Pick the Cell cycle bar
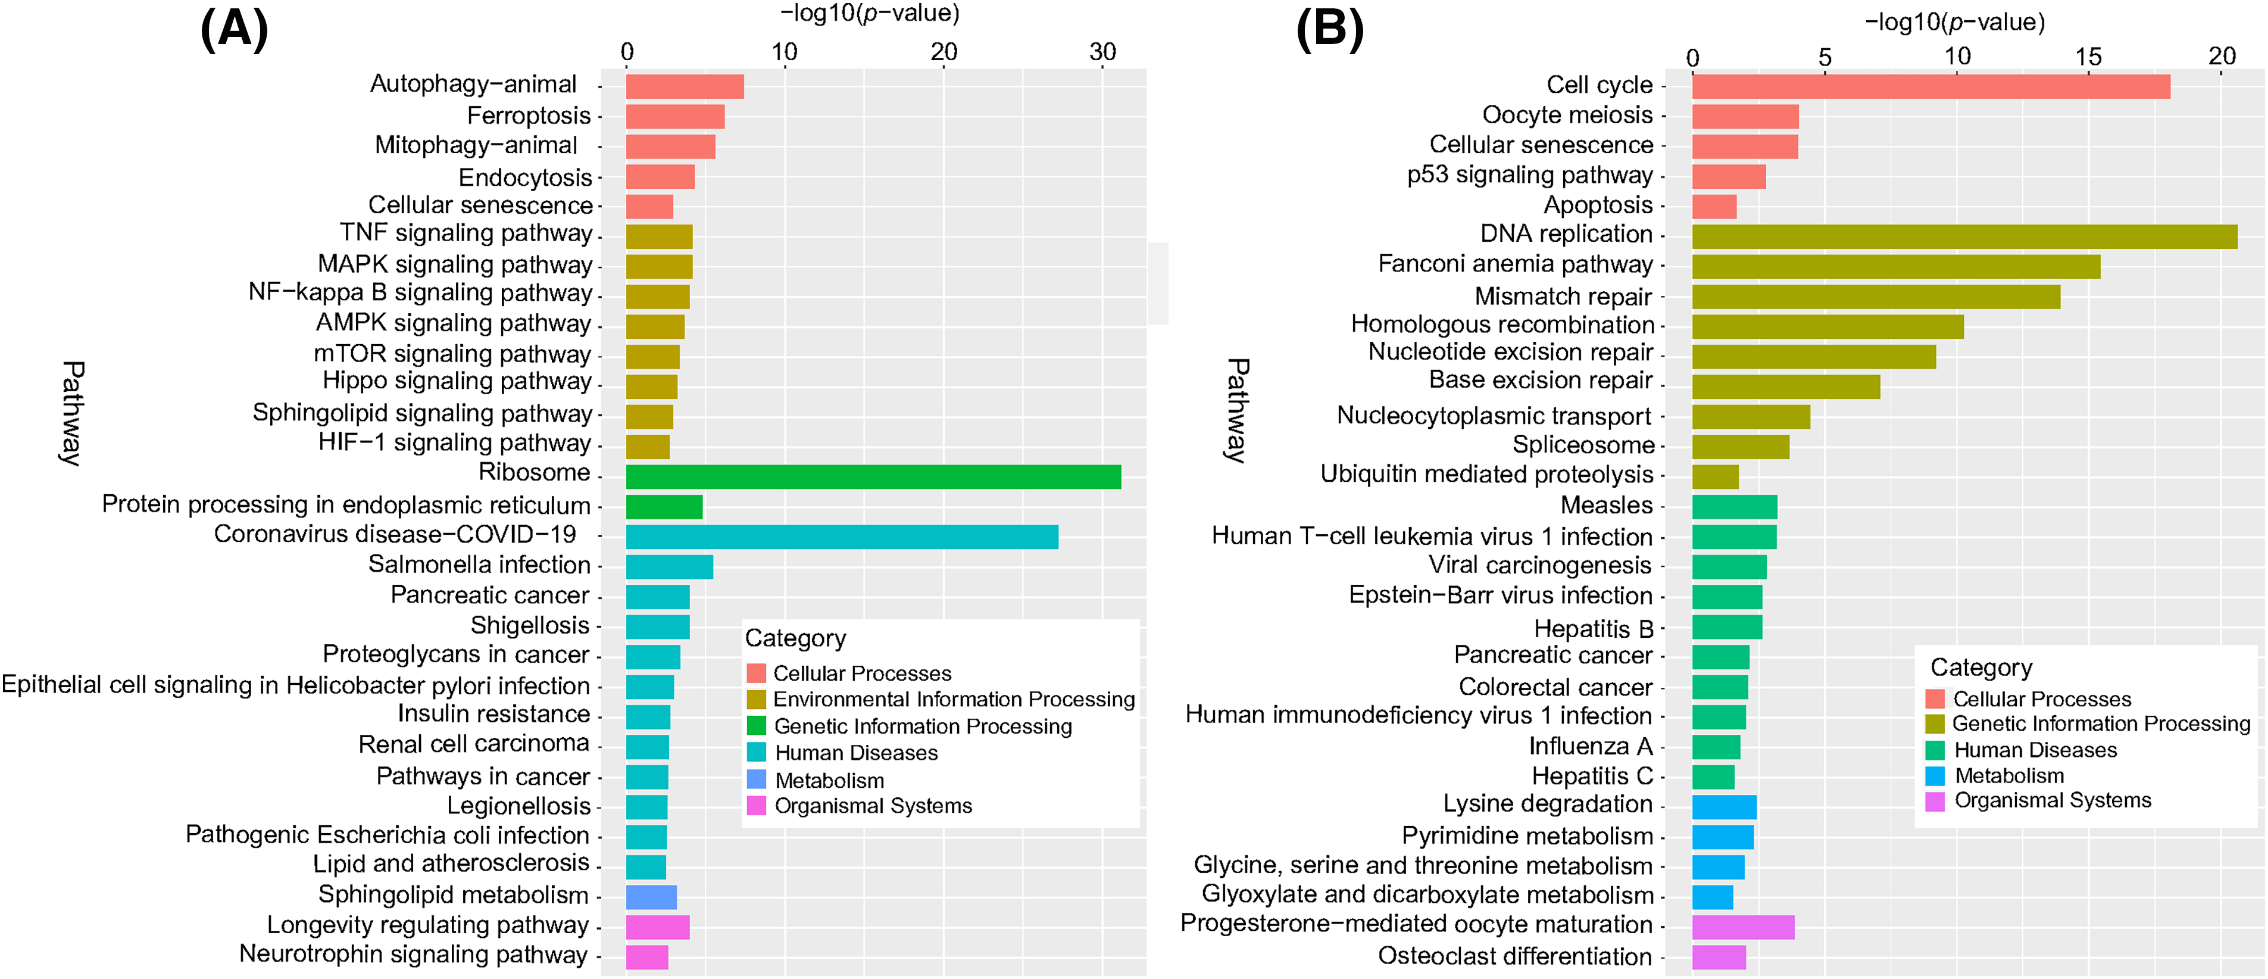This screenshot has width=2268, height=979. tap(1930, 87)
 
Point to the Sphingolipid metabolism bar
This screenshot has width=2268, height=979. tap(651, 897)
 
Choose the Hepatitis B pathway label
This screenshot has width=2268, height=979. tap(1593, 629)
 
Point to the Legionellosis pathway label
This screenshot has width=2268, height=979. tap(518, 806)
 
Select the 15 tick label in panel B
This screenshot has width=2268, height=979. tap(2088, 57)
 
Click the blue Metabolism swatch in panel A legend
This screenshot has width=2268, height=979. tap(756, 779)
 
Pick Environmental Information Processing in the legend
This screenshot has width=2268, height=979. tap(954, 699)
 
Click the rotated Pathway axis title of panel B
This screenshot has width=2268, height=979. tap(1237, 410)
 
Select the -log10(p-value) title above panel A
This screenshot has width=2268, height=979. tap(869, 13)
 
